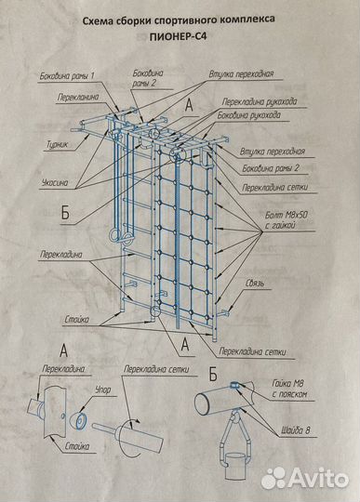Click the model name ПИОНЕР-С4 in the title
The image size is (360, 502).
coord(178,36)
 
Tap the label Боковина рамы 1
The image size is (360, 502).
coord(67,76)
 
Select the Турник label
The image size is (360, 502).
coord(58,144)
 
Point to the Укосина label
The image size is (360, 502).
coord(55,183)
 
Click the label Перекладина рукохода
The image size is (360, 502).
coord(260,102)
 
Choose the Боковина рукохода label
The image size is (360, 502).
coord(249,115)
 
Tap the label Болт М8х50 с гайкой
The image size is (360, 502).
coord(286,220)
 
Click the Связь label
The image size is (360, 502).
coord(255,284)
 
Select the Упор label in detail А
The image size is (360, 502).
coord(103,390)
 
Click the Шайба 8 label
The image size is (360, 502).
coord(296,430)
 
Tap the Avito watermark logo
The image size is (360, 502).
coord(304,479)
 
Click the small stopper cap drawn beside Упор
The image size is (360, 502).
coord(79,420)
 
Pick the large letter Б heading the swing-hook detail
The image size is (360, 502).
coord(213,374)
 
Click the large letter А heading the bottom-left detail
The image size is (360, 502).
coord(64,350)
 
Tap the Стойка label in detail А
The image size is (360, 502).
coord(77,446)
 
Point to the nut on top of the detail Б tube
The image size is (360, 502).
coord(233,385)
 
